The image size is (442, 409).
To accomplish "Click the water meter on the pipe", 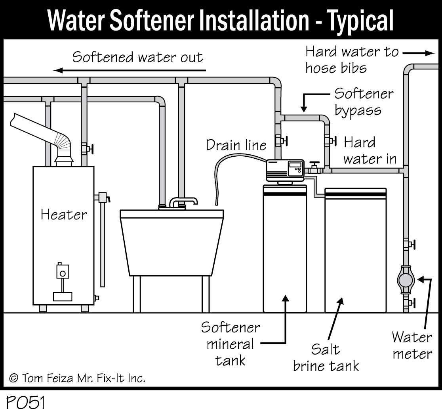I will tap(405, 280).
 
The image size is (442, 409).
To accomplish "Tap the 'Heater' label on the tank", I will tap(63, 215).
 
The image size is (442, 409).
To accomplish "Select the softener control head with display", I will tap(284, 171).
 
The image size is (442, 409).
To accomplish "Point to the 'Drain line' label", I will tap(236, 145).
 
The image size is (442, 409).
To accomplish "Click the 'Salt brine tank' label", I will tap(326, 357).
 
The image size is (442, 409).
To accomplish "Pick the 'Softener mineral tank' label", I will tap(231, 344).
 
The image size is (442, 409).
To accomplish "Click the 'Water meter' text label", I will tap(412, 345).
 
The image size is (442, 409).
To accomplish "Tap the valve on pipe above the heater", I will tap(87, 149).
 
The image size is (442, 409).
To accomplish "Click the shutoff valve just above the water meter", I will tap(408, 244).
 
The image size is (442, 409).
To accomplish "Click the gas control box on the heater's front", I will tap(62, 271).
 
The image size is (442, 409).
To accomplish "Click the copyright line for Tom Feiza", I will tap(77, 377).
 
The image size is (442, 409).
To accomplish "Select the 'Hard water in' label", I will tap(369, 151).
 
